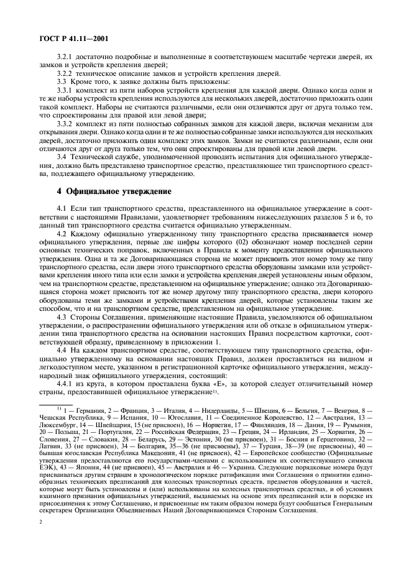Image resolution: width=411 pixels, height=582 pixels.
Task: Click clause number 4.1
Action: click(63, 206)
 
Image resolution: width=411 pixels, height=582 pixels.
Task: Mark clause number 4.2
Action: click(63, 231)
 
